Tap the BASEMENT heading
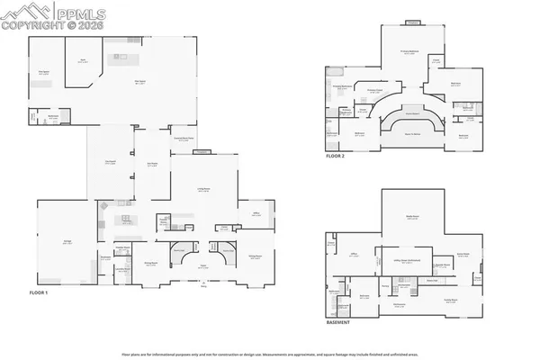339,321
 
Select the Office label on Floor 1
257,213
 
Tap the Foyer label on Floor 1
203,265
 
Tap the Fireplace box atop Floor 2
412,22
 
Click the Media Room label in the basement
411,218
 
